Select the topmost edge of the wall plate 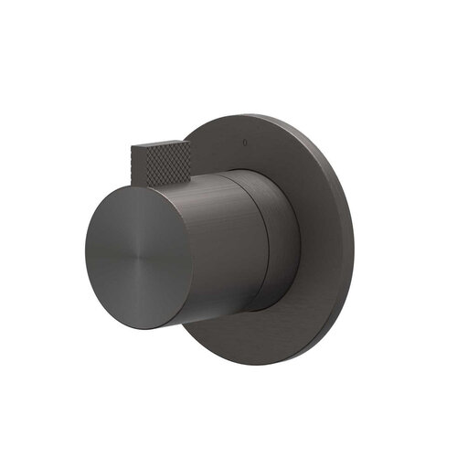pyautogui.click(x=265, y=114)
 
